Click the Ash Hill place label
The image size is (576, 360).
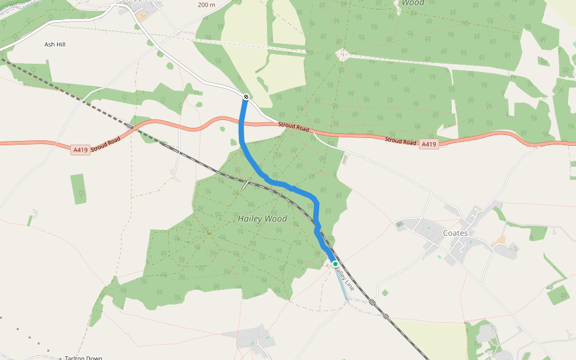pyautogui.click(x=55, y=44)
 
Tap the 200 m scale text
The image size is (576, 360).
pyautogui.click(x=206, y=5)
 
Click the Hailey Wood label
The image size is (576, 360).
pyautogui.click(x=262, y=219)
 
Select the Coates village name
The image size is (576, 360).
pyautogui.click(x=455, y=233)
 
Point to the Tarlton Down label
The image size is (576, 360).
pyautogui.click(x=83, y=358)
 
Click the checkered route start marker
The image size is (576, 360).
pyautogui.click(x=246, y=97)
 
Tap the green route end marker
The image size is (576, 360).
pyautogui.click(x=335, y=264)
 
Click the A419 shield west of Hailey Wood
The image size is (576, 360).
pyautogui.click(x=80, y=149)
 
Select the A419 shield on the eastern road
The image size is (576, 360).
pyautogui.click(x=428, y=145)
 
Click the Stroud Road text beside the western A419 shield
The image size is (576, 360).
pyautogui.click(x=106, y=143)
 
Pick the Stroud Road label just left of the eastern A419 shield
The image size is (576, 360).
pyautogui.click(x=400, y=142)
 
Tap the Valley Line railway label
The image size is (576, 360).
pyautogui.click(x=344, y=280)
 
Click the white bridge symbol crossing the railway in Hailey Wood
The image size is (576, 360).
pyautogui.click(x=245, y=184)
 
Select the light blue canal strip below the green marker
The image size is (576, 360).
pyautogui.click(x=341, y=285)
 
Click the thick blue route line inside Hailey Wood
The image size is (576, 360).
pyautogui.click(x=282, y=184)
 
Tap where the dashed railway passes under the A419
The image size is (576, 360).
pyautogui.click(x=131, y=126)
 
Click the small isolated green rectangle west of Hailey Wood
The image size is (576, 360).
pyautogui.click(x=78, y=189)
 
